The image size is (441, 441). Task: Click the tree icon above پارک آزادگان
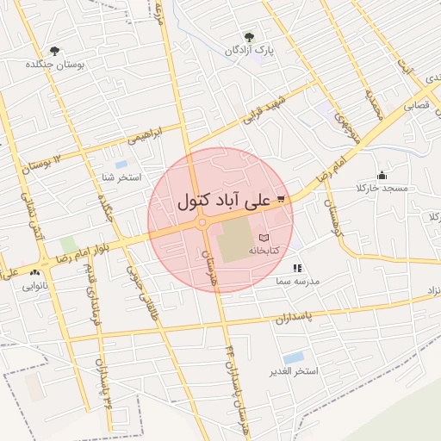tap(250, 38)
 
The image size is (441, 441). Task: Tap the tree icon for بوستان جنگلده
tap(56, 52)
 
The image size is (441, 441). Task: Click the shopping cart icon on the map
tap(282, 200)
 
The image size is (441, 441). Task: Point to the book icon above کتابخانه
tap(264, 237)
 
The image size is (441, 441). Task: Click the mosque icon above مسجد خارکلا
tap(382, 175)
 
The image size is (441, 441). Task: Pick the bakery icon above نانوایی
tap(35, 272)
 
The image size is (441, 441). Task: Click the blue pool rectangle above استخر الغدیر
tap(293, 357)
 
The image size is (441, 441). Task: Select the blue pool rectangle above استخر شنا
tap(121, 164)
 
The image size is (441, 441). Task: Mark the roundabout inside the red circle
tap(203, 223)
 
